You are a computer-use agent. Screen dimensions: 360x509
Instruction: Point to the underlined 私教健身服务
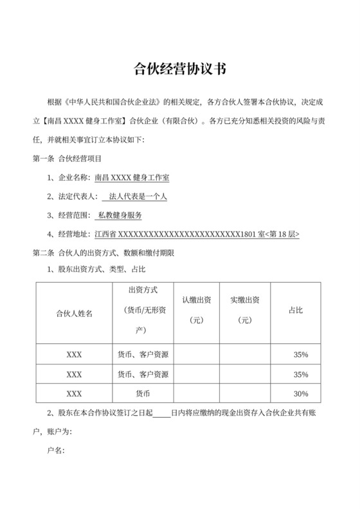point(120,215)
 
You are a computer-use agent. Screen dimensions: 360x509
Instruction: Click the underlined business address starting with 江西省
point(196,235)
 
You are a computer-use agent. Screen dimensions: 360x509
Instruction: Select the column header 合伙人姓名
point(74,313)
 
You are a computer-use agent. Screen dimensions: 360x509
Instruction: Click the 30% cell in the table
point(301,393)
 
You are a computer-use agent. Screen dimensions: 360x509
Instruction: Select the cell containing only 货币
point(143,393)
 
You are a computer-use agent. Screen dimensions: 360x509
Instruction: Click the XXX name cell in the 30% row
point(74,393)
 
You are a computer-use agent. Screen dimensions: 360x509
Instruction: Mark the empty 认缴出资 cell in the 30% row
point(197,393)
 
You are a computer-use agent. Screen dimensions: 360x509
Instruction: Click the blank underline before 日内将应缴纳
point(161,413)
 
